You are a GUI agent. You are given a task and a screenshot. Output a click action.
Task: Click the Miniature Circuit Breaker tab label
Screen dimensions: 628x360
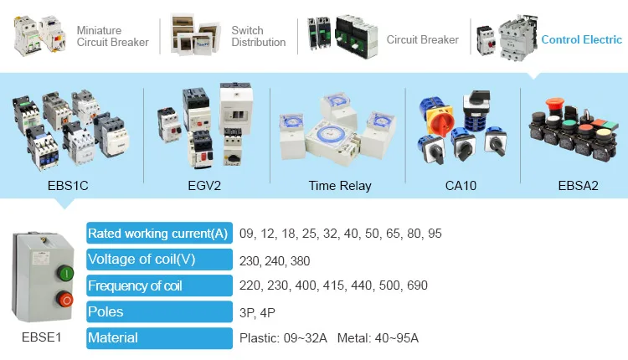pyautogui.click(x=112, y=37)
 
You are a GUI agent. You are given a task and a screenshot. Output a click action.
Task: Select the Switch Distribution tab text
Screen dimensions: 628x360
pyautogui.click(x=258, y=37)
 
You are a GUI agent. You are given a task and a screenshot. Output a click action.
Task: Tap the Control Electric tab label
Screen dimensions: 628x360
pyautogui.click(x=581, y=39)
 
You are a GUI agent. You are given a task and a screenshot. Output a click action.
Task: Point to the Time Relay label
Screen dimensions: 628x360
pyautogui.click(x=339, y=185)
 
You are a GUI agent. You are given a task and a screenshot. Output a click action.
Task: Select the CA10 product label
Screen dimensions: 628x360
pyautogui.click(x=461, y=185)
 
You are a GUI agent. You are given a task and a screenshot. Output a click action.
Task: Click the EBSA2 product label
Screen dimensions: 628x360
pyautogui.click(x=578, y=185)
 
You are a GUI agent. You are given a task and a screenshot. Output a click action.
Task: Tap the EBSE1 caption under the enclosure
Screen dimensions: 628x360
pyautogui.click(x=42, y=338)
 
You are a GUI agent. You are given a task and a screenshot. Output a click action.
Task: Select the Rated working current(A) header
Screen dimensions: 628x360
pyautogui.click(x=158, y=234)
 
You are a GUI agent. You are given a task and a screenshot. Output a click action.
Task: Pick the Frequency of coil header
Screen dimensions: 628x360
pyautogui.click(x=136, y=285)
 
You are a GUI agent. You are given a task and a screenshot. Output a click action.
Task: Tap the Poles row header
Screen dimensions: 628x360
pyautogui.click(x=106, y=311)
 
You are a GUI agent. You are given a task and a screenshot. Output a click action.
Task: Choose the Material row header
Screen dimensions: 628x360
pyautogui.click(x=114, y=338)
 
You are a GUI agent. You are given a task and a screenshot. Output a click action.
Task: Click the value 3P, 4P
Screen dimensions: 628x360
pyautogui.click(x=257, y=311)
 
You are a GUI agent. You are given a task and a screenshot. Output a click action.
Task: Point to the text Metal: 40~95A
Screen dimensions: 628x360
pyautogui.click(x=378, y=338)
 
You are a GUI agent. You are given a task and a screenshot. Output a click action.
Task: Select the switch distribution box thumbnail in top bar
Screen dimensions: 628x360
pyautogui.click(x=195, y=33)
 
